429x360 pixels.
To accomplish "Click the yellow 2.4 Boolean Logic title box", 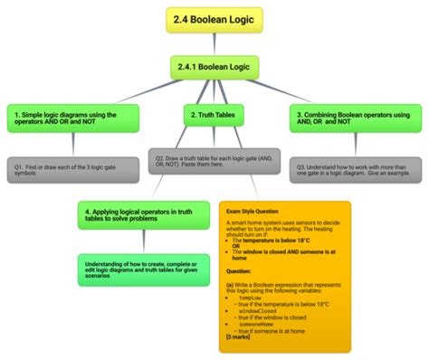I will (214, 18).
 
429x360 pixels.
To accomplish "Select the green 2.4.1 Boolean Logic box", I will (214, 66).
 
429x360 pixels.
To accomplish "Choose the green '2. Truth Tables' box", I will (214, 116).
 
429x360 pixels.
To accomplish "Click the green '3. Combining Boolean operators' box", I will (356, 118).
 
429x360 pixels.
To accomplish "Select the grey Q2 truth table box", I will (214, 162).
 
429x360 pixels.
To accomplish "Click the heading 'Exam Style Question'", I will (253, 212).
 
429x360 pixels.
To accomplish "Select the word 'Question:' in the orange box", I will (240, 270).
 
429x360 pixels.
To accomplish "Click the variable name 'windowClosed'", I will (258, 310).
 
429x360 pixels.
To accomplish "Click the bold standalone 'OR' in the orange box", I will (236, 244).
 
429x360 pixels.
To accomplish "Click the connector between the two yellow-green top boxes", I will (214, 43).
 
